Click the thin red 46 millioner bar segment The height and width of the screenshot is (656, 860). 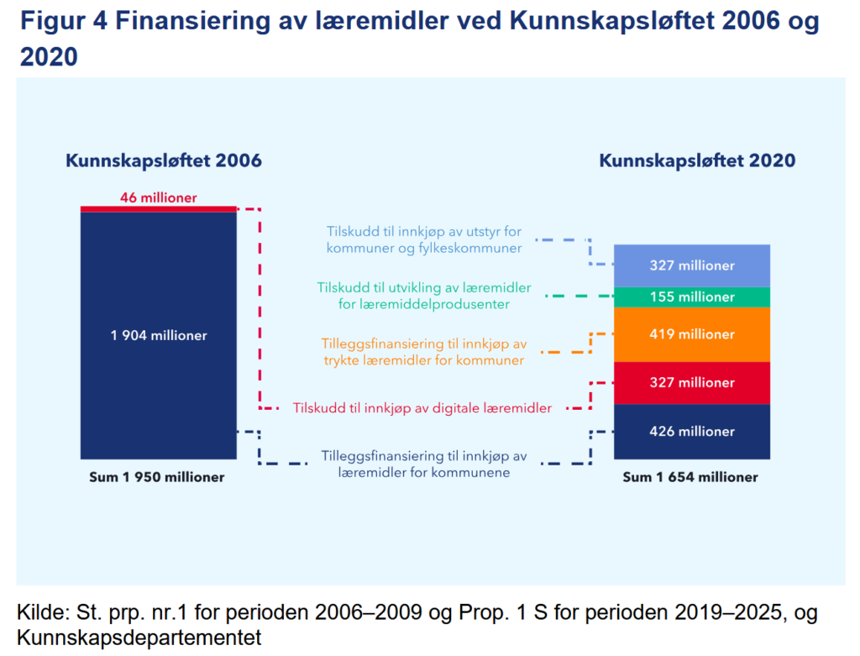pos(159,209)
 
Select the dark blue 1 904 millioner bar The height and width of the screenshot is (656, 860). pos(159,336)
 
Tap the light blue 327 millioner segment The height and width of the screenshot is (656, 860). pos(692,266)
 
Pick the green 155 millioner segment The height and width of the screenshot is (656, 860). pos(692,297)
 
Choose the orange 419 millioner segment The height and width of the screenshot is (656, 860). pos(692,334)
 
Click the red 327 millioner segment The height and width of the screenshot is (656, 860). pos(692,383)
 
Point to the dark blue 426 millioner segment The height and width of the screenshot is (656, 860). pos(692,432)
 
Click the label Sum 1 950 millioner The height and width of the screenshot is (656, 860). pos(157,477)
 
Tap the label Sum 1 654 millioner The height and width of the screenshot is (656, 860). pos(690,477)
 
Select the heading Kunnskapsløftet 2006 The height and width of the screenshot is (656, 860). pos(164,160)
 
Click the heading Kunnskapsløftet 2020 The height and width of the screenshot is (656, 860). pos(697,160)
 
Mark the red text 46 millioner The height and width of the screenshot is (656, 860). pos(159,197)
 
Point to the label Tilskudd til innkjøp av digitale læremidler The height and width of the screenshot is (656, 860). pos(422,408)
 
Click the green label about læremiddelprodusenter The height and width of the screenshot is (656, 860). pos(424,296)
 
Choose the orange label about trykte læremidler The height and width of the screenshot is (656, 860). pos(424,352)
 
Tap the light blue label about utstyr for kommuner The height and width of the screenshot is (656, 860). pos(424,239)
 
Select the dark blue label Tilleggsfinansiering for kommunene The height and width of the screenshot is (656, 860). pos(424,464)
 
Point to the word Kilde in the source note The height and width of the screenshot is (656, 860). pos(40,612)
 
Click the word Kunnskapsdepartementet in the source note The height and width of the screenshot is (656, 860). pos(139,638)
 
